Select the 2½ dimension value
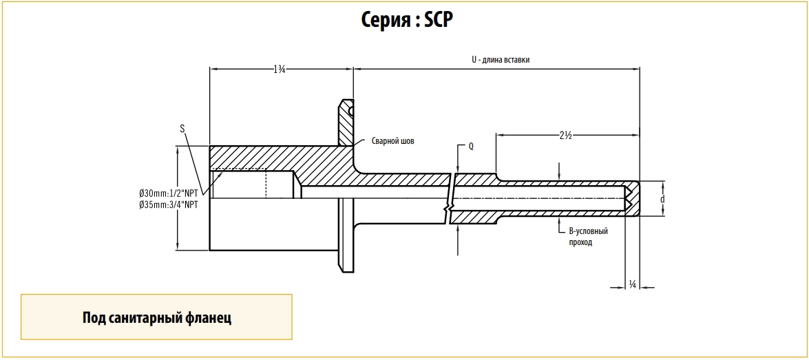pyautogui.click(x=566, y=136)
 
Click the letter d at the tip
pyautogui.click(x=662, y=199)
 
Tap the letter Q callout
pyautogui.click(x=471, y=147)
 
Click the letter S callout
pyautogui.click(x=182, y=128)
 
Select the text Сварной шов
pyautogui.click(x=392, y=140)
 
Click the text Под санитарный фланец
pyautogui.click(x=156, y=317)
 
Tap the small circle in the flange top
pyautogui.click(x=351, y=109)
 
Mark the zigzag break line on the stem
pyautogui.click(x=450, y=199)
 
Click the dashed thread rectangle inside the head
pyautogui.click(x=238, y=184)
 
